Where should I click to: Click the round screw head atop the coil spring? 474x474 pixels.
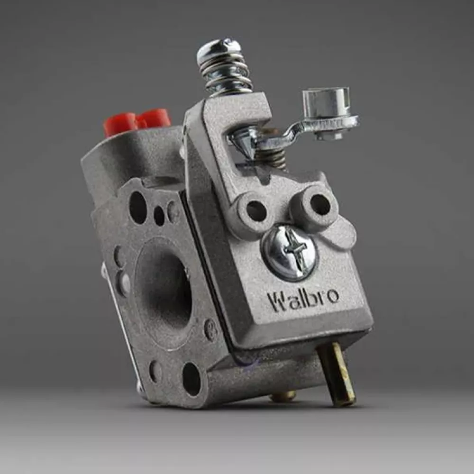point(219,50)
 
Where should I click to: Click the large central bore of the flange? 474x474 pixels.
point(164,289)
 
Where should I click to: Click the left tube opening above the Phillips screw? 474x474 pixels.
point(256,211)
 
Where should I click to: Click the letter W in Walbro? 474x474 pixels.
point(277,301)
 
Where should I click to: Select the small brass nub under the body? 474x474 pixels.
point(283,396)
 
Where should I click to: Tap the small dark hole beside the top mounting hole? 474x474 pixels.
point(159,216)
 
